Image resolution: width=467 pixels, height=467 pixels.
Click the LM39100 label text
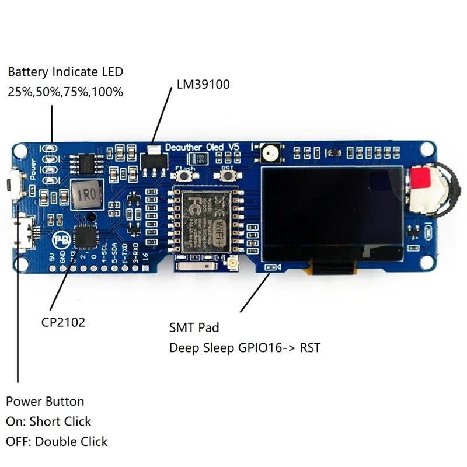point(203,84)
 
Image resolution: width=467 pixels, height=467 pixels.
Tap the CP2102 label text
point(63,322)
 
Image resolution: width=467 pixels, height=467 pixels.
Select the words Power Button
point(45,402)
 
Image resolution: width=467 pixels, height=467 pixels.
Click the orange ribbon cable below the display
point(332,267)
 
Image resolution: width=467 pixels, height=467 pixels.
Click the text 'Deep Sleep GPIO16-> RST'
point(245,348)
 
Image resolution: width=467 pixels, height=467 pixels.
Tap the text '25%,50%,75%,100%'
point(65,92)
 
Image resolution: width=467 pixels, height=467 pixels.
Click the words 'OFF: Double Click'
point(57,441)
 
